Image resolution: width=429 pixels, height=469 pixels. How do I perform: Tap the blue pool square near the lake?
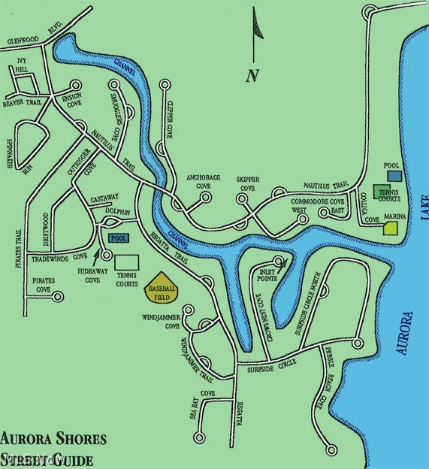[x=391, y=174]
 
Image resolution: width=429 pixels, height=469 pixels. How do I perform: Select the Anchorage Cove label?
[x=203, y=181]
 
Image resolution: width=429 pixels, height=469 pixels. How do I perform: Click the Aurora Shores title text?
[x=53, y=439]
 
